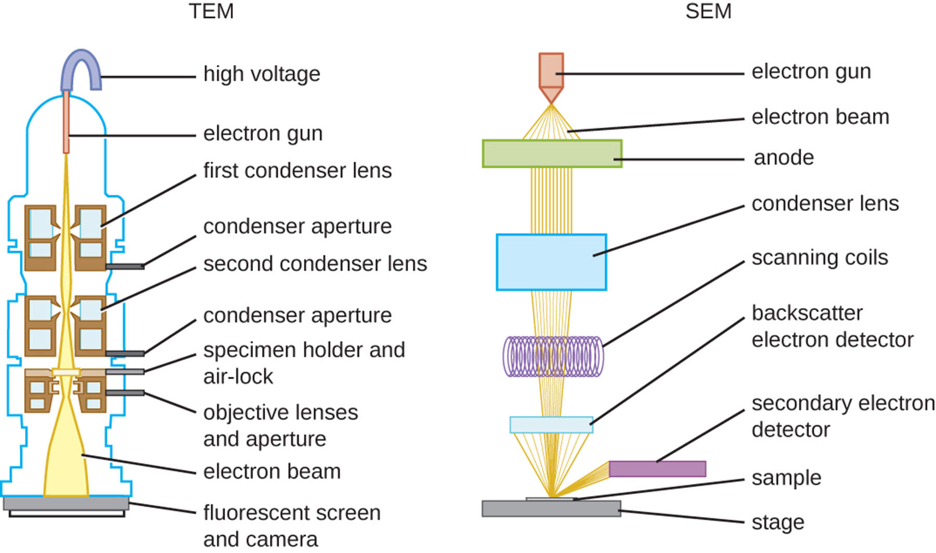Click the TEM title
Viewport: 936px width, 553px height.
click(x=211, y=11)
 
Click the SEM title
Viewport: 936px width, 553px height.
click(x=708, y=11)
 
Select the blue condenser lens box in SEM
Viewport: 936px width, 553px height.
click(x=551, y=262)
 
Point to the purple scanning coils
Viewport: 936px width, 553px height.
click(x=553, y=357)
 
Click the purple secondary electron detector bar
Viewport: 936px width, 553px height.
click(x=657, y=469)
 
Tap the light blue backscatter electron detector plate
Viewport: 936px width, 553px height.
click(x=551, y=425)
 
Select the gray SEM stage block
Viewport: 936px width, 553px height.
click(x=551, y=509)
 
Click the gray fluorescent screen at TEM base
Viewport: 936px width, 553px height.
click(x=66, y=503)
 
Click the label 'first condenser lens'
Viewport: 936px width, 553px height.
click(x=297, y=171)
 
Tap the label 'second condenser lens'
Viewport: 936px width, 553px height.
click(x=315, y=264)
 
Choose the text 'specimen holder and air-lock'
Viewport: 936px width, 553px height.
click(x=304, y=363)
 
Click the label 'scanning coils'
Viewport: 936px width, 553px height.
click(x=820, y=258)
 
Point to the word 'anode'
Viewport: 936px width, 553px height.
click(x=784, y=158)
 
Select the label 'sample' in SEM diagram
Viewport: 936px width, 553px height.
click(x=786, y=478)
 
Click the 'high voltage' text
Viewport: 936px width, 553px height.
click(x=262, y=74)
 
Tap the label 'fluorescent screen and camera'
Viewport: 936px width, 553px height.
click(x=292, y=525)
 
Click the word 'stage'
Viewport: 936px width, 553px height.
click(x=778, y=522)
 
